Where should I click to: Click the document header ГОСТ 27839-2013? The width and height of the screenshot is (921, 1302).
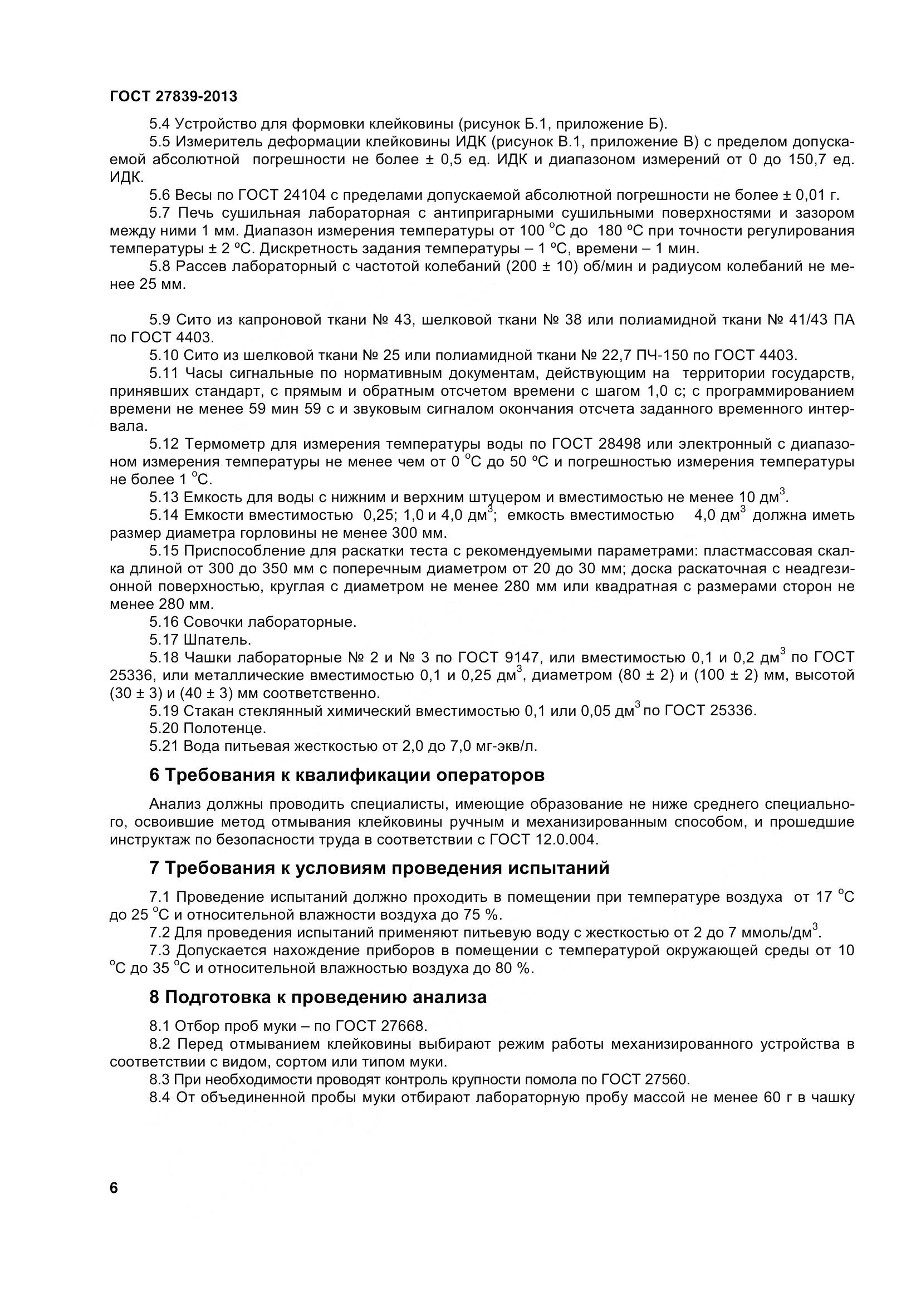(x=173, y=96)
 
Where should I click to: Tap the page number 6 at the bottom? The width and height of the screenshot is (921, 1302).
(x=114, y=1188)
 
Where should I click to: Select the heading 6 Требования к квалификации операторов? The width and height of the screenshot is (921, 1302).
(x=346, y=775)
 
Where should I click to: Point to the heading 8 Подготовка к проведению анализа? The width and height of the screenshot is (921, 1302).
(x=317, y=997)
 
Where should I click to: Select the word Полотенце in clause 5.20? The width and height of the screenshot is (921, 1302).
(x=224, y=728)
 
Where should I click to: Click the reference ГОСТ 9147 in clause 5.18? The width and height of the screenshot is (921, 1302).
(x=501, y=657)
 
